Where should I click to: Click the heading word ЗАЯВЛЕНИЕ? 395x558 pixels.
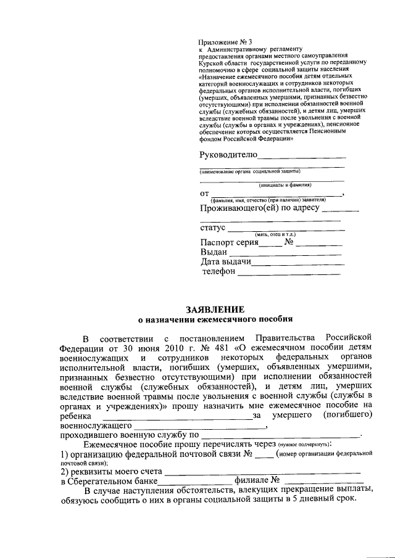[215, 309]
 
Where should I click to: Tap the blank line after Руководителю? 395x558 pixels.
[301, 157]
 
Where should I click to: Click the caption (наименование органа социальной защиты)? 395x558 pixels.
[250, 171]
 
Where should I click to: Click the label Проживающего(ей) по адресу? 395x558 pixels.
[260, 208]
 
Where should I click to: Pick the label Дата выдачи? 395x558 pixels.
[226, 262]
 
